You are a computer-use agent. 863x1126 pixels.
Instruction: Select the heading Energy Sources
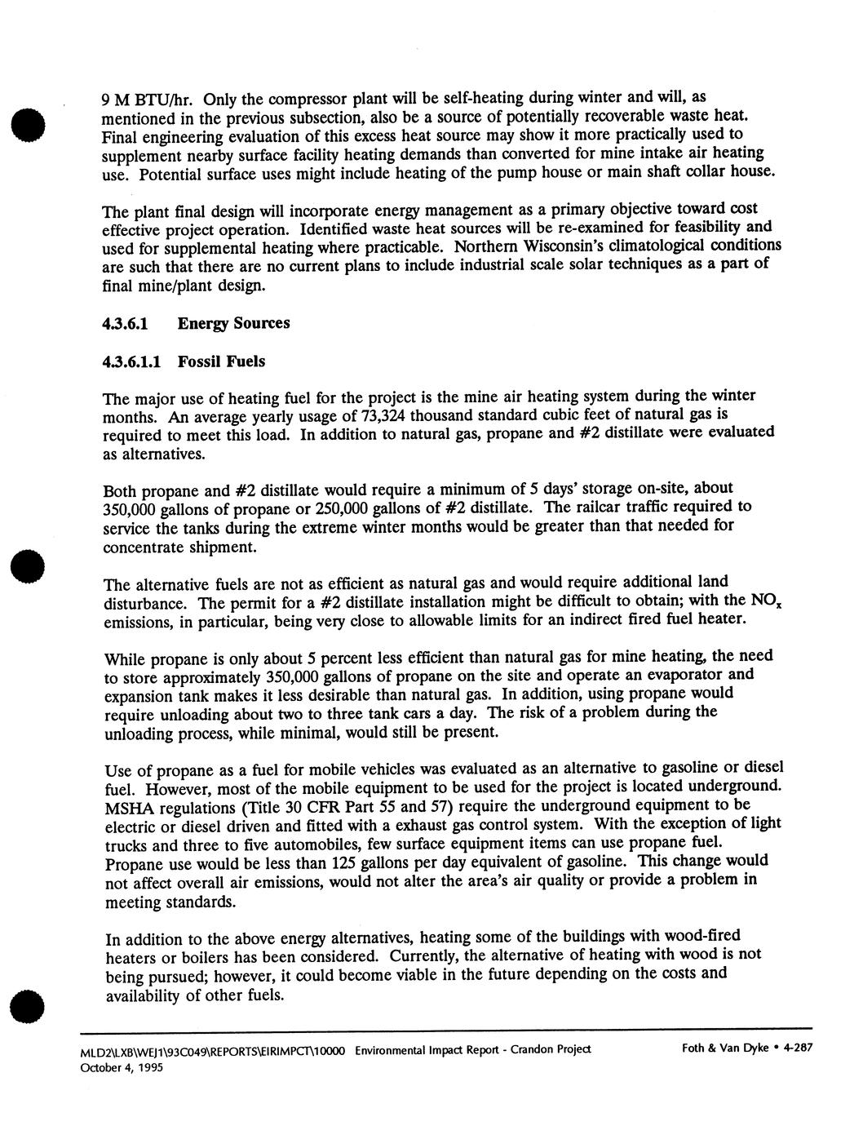point(234,323)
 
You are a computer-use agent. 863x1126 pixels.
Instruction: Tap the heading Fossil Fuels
point(221,361)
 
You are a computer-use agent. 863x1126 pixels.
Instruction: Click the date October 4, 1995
point(132,1067)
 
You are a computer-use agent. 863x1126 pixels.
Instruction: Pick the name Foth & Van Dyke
point(724,1049)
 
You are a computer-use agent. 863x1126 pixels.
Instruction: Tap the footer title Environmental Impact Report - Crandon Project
point(473,1050)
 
